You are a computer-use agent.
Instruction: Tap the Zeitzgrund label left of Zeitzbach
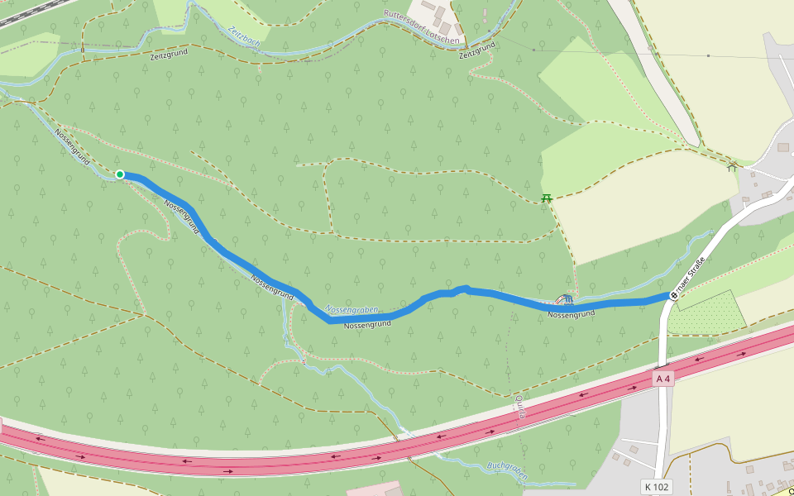point(169,54)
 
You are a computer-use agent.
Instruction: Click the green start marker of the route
point(120,174)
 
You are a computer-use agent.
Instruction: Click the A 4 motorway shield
point(662,379)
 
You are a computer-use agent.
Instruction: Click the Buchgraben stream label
point(507,466)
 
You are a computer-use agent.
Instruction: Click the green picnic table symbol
point(546,198)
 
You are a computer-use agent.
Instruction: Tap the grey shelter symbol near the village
point(731,167)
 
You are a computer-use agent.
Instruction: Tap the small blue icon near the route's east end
point(567,298)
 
